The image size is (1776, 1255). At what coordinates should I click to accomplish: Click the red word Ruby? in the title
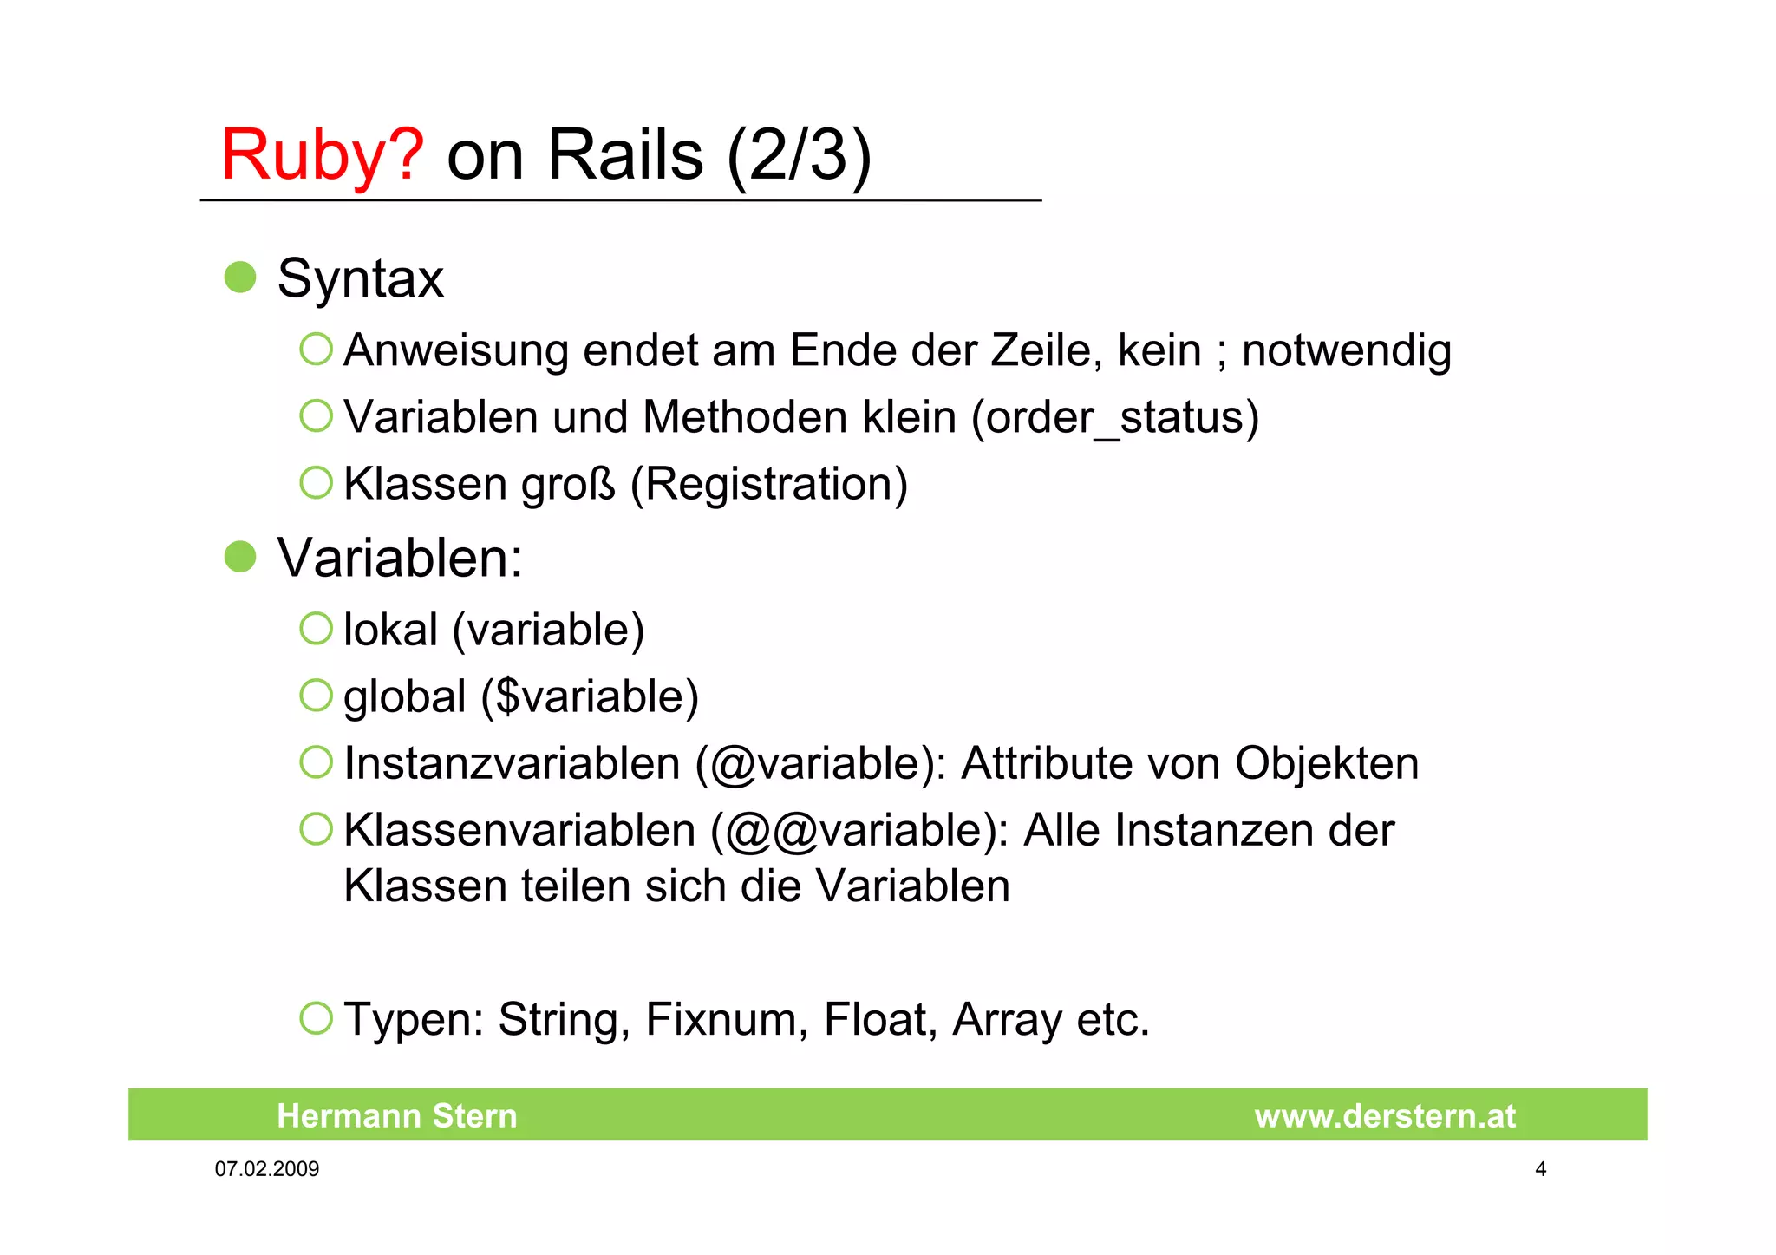click(x=322, y=156)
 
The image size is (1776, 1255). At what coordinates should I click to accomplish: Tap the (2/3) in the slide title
click(x=799, y=156)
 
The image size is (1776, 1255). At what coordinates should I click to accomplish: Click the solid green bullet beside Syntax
click(x=240, y=278)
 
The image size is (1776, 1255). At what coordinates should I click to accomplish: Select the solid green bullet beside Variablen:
click(x=240, y=557)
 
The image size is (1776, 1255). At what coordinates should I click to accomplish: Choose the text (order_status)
click(x=1115, y=418)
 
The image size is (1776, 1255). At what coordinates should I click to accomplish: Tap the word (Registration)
click(x=768, y=484)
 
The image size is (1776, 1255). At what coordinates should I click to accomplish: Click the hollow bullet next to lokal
click(x=317, y=629)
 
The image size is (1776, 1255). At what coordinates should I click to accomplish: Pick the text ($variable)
click(x=590, y=697)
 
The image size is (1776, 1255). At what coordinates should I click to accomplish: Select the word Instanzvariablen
click(x=512, y=764)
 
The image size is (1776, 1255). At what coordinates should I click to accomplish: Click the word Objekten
click(x=1327, y=764)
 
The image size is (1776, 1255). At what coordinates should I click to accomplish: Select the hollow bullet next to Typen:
click(x=317, y=1018)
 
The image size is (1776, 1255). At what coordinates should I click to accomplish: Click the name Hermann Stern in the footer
click(x=396, y=1115)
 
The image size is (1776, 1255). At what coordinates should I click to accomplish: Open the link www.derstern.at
click(x=1385, y=1115)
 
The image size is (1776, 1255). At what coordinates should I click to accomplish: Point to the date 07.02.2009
click(x=267, y=1169)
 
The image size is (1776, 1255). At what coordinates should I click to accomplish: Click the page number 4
click(x=1540, y=1169)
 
